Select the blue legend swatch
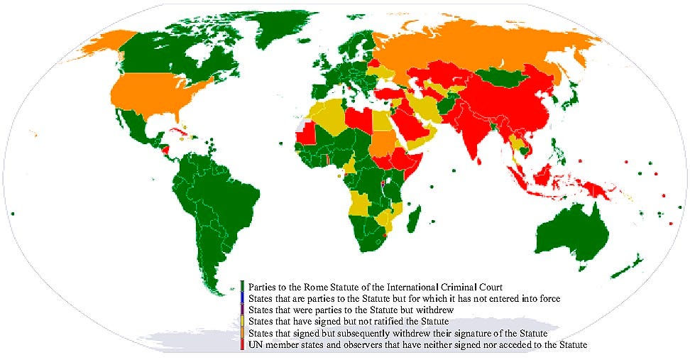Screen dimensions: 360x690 (242, 299)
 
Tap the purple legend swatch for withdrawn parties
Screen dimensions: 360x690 (242, 310)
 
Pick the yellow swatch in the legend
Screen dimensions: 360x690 (242, 322)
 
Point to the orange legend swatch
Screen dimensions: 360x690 (242, 333)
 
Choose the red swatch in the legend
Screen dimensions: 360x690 (242, 344)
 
